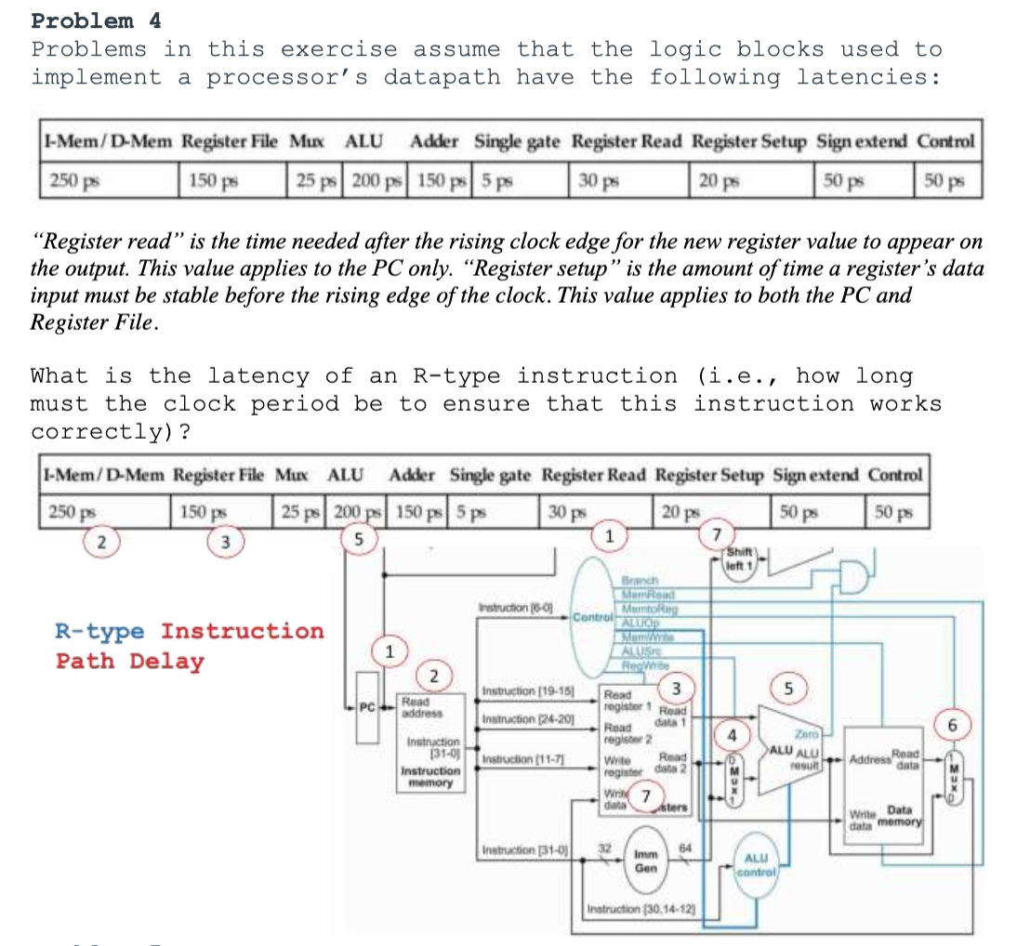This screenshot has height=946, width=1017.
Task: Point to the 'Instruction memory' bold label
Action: (429, 776)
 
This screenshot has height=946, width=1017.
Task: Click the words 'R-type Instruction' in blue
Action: (190, 631)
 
